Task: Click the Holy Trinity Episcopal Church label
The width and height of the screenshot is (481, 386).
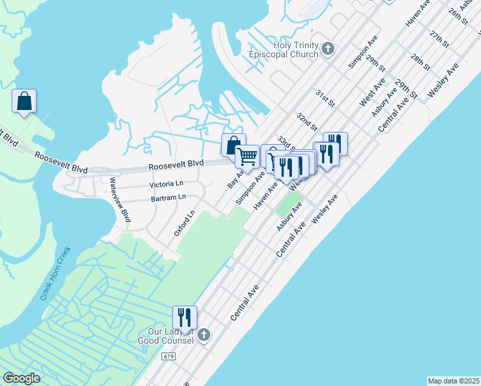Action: [286, 50]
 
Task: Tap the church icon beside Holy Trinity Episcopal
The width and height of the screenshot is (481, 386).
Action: [328, 48]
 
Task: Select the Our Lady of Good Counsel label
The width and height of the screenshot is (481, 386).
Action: [166, 336]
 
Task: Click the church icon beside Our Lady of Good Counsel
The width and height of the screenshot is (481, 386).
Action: [204, 335]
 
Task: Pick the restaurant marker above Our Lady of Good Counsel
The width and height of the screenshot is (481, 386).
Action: [185, 318]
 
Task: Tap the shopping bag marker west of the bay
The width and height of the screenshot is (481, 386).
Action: [24, 101]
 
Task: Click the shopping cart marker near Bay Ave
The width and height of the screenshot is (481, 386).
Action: [247, 156]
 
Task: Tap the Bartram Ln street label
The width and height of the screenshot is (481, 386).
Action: [168, 198]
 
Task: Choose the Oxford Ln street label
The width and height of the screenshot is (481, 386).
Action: [184, 223]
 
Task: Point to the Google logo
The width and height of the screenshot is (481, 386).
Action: [21, 378]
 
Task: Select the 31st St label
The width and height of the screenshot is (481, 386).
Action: [325, 98]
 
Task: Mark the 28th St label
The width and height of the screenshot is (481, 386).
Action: [421, 62]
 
